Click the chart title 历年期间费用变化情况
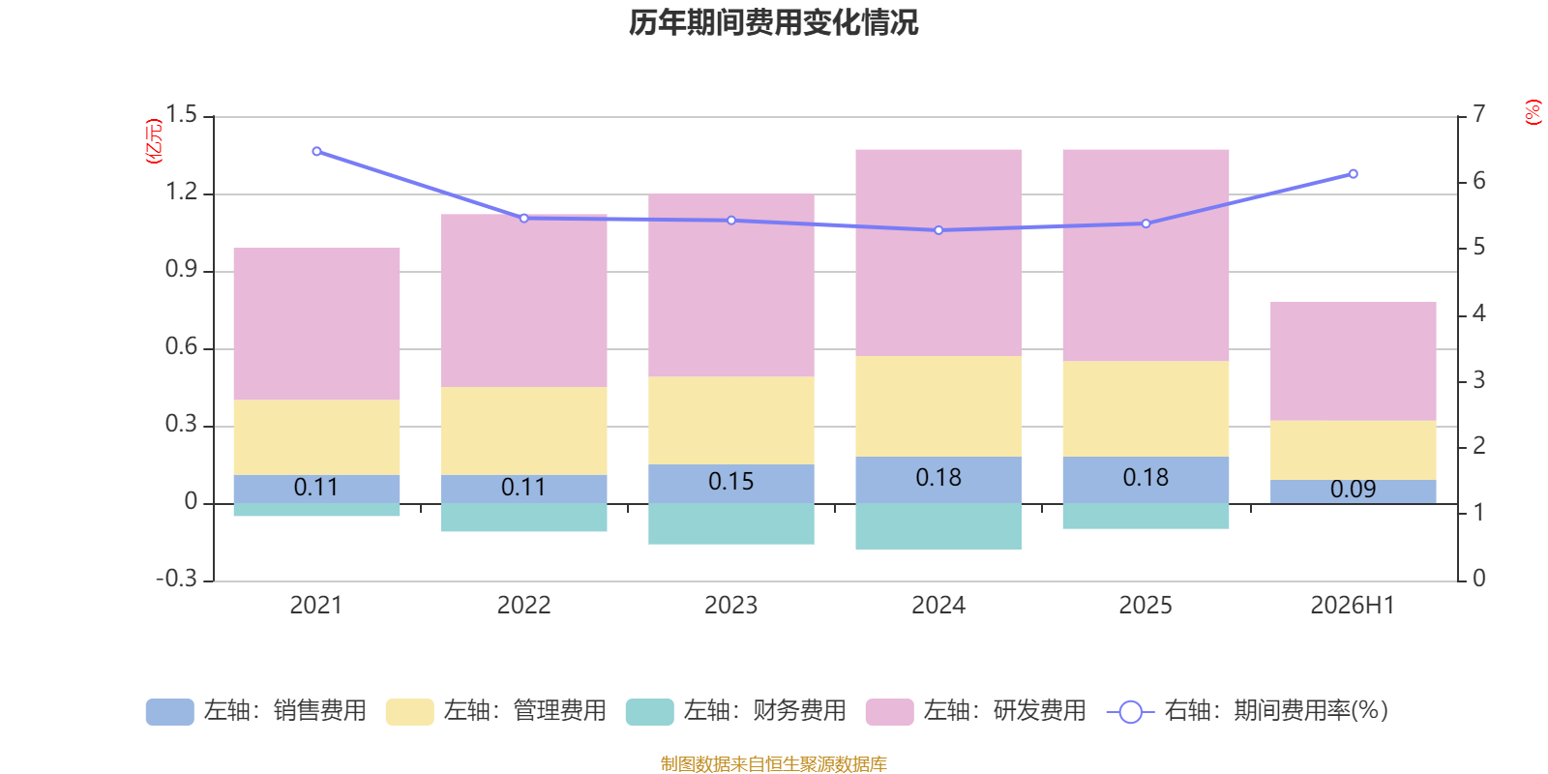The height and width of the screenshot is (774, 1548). [x=773, y=23]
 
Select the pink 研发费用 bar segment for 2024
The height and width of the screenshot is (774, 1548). [x=938, y=253]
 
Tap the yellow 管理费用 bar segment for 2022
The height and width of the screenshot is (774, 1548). [x=523, y=431]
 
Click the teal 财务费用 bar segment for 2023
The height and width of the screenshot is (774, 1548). [x=731, y=523]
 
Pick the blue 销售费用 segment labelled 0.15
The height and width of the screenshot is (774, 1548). [x=731, y=484]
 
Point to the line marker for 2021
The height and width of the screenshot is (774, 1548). [x=316, y=151]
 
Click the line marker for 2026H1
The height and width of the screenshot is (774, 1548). [x=1354, y=174]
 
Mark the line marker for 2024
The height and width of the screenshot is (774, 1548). [x=938, y=230]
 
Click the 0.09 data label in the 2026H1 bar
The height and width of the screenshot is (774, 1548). [x=1354, y=490]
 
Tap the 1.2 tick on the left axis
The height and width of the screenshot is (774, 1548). [x=181, y=192]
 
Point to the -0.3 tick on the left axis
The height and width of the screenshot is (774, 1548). [x=177, y=579]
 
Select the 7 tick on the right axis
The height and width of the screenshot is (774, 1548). [x=1479, y=114]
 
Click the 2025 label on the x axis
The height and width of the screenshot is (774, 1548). [x=1146, y=606]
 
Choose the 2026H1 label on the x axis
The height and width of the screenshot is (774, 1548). [x=1354, y=606]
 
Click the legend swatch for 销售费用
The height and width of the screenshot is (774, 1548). [x=170, y=712]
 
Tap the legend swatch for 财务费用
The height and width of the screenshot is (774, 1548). [x=649, y=712]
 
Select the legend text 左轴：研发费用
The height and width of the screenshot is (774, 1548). [x=1005, y=711]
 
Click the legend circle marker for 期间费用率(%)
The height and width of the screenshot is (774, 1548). [x=1131, y=712]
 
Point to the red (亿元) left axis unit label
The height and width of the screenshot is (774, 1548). [x=154, y=141]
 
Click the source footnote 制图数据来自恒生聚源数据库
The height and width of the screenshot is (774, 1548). [x=773, y=763]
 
